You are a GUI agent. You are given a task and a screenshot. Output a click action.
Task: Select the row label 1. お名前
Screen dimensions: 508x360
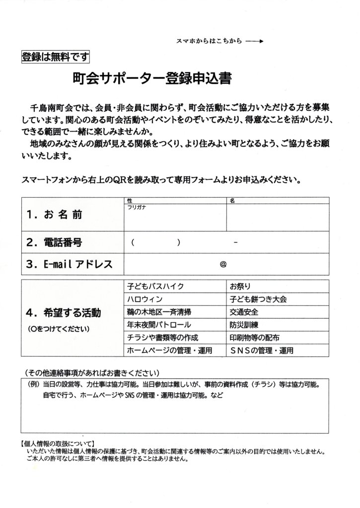tap(55, 215)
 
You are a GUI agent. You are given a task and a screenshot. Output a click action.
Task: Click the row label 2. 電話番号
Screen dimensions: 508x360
tap(55, 243)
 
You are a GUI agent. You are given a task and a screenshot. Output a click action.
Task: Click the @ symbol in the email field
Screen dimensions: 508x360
tap(223, 264)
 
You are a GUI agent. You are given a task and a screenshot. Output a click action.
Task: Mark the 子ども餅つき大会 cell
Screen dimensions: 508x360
tap(258, 299)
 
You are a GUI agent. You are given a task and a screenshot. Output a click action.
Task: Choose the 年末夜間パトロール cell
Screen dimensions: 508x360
tap(159, 325)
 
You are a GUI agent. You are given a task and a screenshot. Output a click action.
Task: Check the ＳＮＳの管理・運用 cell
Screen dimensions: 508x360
tap(262, 351)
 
